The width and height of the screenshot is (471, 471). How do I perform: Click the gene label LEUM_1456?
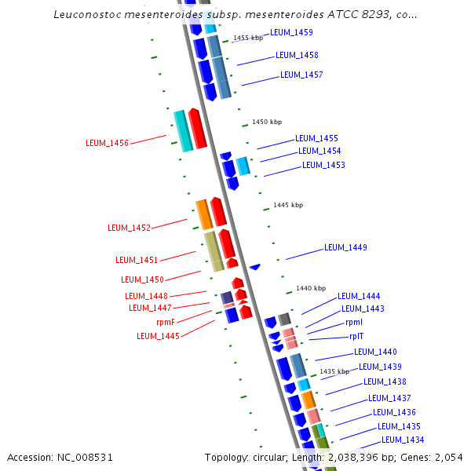[107, 143]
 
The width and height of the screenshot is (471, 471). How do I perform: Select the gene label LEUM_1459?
[291, 33]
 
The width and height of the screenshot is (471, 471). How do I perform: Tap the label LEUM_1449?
[345, 248]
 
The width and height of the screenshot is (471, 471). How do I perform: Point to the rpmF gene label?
[166, 322]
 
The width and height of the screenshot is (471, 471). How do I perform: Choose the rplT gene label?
[356, 336]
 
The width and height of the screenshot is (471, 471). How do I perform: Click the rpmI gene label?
[354, 323]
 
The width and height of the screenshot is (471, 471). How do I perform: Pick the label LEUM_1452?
[129, 228]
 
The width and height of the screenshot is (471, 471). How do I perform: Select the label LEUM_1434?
[403, 440]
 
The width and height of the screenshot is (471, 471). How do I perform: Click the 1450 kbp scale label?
[267, 122]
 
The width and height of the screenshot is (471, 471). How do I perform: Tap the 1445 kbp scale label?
[288, 205]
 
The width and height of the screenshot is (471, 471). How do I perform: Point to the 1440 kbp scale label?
[311, 288]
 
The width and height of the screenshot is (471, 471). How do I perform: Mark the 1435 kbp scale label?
[334, 371]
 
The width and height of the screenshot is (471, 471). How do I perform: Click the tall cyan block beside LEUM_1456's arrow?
[182, 131]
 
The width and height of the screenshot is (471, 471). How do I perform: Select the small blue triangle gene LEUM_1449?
[254, 268]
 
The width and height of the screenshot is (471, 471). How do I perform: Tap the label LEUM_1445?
[158, 336]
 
